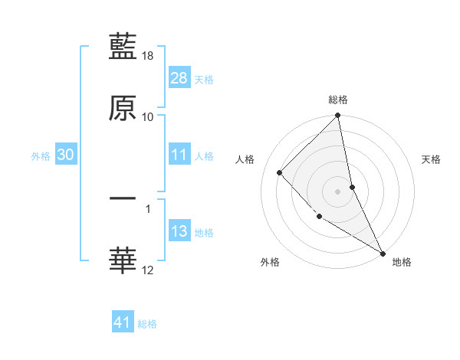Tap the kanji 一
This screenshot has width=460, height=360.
point(123,198)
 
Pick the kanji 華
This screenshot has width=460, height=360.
point(123,260)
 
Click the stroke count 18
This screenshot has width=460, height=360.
point(148,56)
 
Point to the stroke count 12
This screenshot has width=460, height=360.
point(148,270)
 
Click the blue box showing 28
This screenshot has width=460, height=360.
point(179,77)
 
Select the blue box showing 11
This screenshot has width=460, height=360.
point(179,155)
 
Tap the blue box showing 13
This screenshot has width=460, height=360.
point(179,231)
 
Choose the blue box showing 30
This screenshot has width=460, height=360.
point(65,155)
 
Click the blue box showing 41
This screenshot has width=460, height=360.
point(123,322)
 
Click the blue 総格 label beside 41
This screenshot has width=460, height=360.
point(147,324)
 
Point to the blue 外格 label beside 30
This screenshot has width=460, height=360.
point(41,156)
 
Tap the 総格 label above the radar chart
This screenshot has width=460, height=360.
point(338,100)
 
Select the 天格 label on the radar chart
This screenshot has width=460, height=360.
point(432,159)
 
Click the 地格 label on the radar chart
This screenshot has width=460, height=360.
point(402,262)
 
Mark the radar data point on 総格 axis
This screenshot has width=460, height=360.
point(338,116)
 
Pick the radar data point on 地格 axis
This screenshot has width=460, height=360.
point(383,253)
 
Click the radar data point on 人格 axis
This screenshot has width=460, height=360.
point(280,172)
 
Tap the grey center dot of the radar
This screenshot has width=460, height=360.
point(338,191)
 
